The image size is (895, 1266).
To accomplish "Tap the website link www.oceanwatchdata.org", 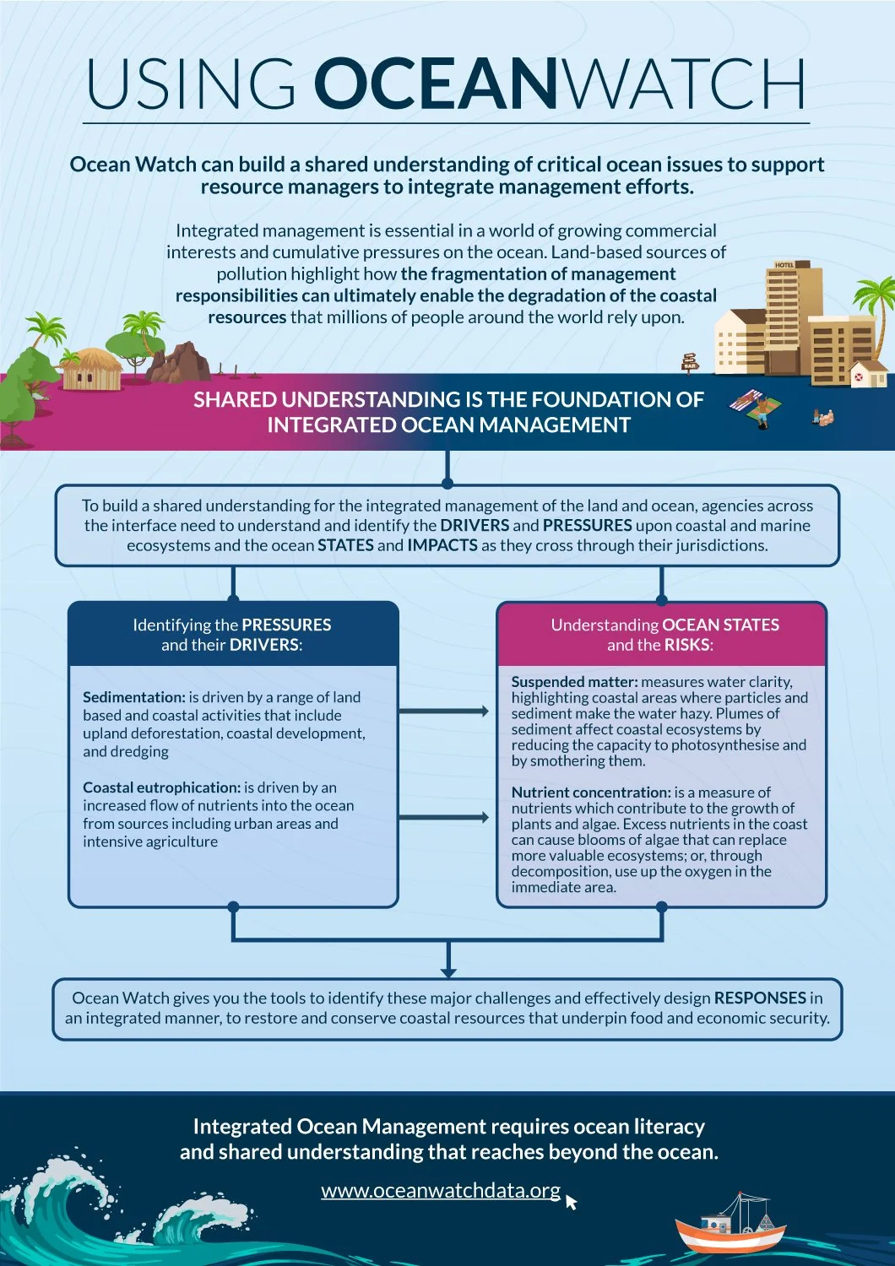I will click(441, 1190).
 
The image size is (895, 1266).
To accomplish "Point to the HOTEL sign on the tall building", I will click(785, 265).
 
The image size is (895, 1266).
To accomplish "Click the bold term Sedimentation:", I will click(133, 697).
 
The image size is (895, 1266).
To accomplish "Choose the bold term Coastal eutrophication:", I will click(162, 787).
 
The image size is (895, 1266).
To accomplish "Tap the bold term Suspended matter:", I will click(574, 681).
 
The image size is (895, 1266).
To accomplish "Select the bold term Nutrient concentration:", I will click(591, 793).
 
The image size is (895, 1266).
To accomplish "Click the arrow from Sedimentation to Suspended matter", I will click(444, 711).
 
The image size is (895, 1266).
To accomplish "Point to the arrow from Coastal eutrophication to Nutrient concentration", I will click(444, 817).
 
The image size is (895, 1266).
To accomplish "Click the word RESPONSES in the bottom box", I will click(760, 998).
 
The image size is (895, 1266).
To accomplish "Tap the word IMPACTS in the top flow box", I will click(442, 545).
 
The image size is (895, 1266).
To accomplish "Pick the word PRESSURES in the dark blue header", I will click(286, 625).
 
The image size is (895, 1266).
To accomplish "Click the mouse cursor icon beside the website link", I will click(572, 1201).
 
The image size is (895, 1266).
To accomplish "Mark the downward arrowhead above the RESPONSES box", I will click(448, 971).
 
